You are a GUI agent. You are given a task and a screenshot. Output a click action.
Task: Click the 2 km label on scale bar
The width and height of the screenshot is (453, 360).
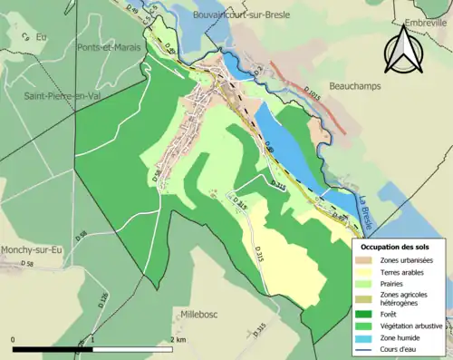(178, 339)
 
